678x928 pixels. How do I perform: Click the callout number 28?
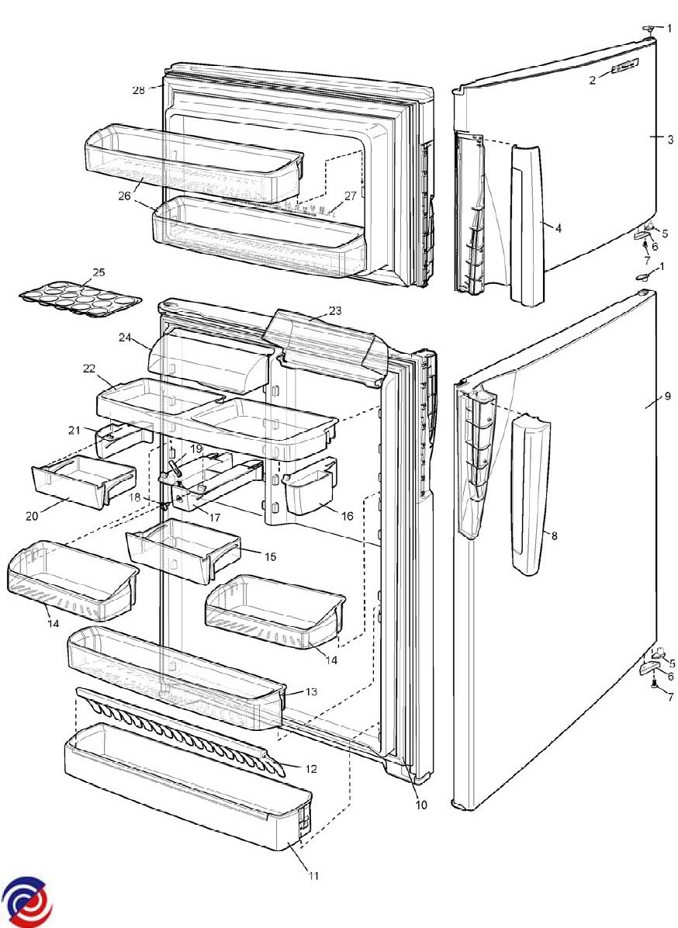pos(138,91)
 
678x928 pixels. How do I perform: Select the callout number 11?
pos(313,875)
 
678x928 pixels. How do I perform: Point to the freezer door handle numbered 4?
pos(526,224)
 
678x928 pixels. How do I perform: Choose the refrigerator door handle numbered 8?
pos(530,495)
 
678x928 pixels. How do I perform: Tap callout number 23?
pos(335,310)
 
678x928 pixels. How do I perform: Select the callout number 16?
pos(347,516)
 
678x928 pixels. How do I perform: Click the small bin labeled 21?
pos(123,439)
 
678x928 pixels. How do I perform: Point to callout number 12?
pos(311,770)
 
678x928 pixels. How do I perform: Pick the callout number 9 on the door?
pos(667,396)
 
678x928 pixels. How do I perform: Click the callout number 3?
pos(670,140)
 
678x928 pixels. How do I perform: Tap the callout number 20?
pos(32,516)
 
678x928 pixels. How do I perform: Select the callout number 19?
pos(195,449)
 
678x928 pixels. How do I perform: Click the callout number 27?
pos(351,196)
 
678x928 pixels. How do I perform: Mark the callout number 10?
pos(420,805)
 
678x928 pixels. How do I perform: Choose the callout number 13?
pos(311,692)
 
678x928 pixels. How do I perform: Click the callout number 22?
pos(89,369)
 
